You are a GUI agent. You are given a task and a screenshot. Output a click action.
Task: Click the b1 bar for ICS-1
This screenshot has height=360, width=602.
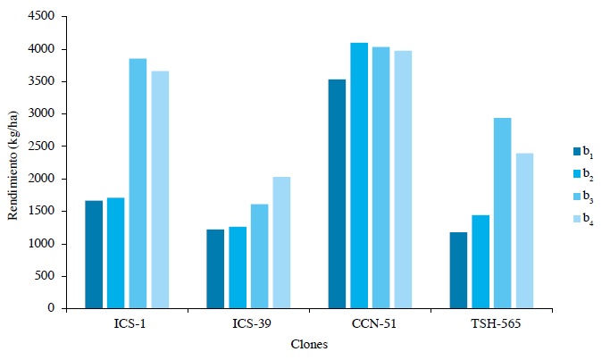point(94,255)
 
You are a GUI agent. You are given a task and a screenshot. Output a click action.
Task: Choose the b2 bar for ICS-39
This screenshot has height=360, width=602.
point(238,267)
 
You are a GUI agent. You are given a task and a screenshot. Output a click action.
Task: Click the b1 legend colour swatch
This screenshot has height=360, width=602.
point(577,150)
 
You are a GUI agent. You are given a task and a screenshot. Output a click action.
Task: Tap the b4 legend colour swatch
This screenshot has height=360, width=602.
point(577,219)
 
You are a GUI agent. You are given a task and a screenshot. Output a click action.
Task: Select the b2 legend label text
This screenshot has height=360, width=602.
point(589,173)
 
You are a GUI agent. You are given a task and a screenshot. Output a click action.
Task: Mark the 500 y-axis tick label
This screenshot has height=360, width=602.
point(46,276)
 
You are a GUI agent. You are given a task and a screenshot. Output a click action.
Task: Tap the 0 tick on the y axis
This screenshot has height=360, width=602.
point(53,308)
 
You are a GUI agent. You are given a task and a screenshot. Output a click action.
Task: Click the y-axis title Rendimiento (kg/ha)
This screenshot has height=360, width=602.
point(13,163)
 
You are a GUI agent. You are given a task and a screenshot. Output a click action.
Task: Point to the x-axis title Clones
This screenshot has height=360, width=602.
point(309,345)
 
